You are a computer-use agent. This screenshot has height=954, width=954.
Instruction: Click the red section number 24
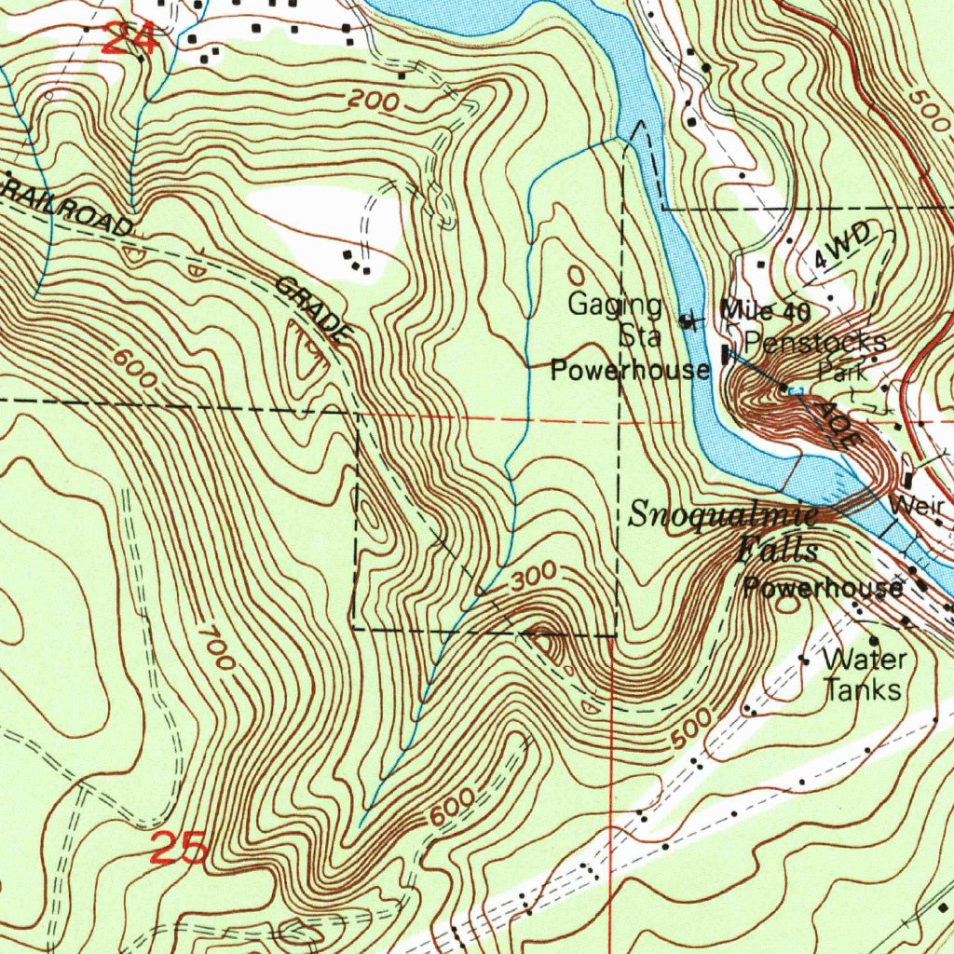coord(129,39)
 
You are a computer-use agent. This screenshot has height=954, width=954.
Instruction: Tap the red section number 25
coord(179,849)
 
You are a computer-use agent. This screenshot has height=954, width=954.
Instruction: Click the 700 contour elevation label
coord(215,647)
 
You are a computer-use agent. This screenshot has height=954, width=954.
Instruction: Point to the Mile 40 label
coord(766,310)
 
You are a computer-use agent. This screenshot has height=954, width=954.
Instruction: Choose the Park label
coord(842,372)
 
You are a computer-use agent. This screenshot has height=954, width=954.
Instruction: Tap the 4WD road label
coord(841,247)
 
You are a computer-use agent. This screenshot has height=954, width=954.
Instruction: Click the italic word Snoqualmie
coord(723,513)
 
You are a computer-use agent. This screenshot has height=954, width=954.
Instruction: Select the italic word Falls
coord(777,550)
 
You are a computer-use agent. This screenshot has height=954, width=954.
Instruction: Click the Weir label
coord(917,506)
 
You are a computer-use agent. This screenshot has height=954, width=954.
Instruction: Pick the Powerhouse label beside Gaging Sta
coord(630,370)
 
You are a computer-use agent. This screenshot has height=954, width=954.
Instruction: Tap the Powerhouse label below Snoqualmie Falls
coord(822,588)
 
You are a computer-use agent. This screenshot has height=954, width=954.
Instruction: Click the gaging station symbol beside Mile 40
coord(688,322)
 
